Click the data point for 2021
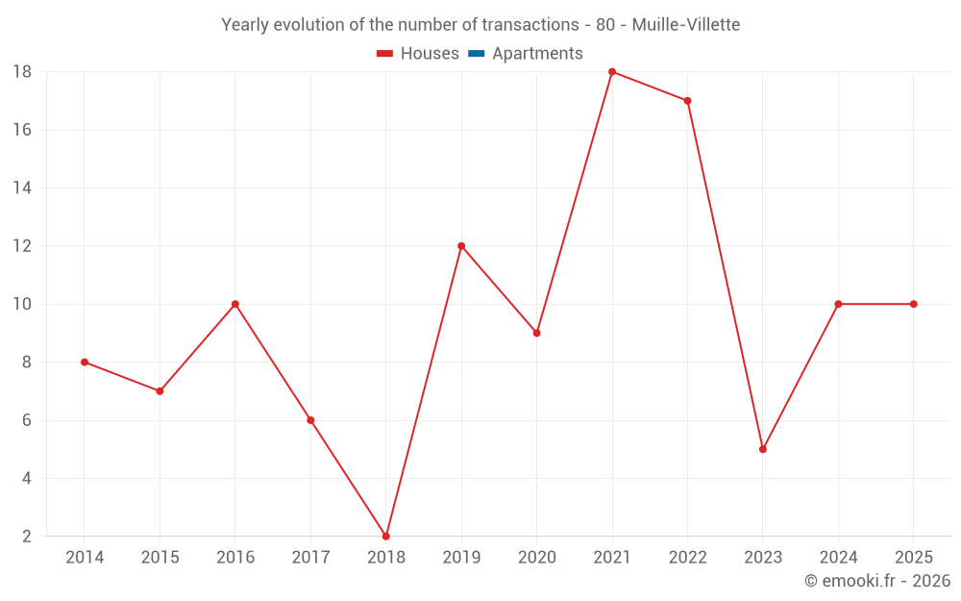click(x=611, y=72)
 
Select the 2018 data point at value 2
click(x=386, y=536)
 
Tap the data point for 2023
click(x=762, y=449)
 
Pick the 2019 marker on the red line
click(x=461, y=246)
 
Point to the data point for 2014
click(x=85, y=362)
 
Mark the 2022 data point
click(x=687, y=101)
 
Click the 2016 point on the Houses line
click(x=235, y=304)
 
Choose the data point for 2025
click(x=913, y=304)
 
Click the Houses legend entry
click(x=418, y=53)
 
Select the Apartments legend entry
click(x=526, y=53)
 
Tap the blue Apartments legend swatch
click(x=477, y=54)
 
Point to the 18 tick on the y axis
click(x=22, y=72)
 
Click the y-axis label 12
click(x=22, y=246)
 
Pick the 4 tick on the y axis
click(x=26, y=478)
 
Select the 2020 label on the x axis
click(x=537, y=557)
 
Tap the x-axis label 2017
click(x=310, y=557)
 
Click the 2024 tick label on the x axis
click(x=838, y=557)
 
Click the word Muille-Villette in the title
click(x=686, y=25)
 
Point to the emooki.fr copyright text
click(x=877, y=580)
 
